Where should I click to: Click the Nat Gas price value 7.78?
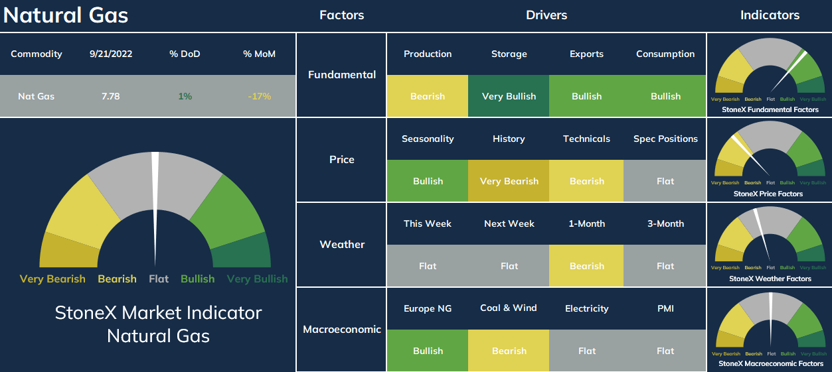pyautogui.click(x=111, y=96)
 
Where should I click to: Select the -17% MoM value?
pyautogui.click(x=259, y=96)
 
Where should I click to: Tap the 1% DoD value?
pyautogui.click(x=185, y=96)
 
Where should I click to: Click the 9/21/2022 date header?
pyautogui.click(x=111, y=54)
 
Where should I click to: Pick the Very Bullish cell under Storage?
pyautogui.click(x=509, y=96)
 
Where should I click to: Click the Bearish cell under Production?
pyautogui.click(x=428, y=96)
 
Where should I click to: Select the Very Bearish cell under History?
pyautogui.click(x=509, y=181)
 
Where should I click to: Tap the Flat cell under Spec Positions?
pyautogui.click(x=665, y=181)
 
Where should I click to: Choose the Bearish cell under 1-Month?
pyautogui.click(x=586, y=266)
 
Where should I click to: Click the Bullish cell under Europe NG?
pyautogui.click(x=428, y=351)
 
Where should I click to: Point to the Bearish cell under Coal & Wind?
pyautogui.click(x=509, y=351)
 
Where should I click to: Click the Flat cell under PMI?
pyautogui.click(x=665, y=351)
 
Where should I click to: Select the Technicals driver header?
pyautogui.click(x=586, y=139)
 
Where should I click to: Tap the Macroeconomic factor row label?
pyautogui.click(x=342, y=330)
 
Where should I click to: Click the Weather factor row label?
pyautogui.click(x=342, y=245)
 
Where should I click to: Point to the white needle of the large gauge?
pyautogui.click(x=155, y=208)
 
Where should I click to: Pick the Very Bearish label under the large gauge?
pyautogui.click(x=52, y=279)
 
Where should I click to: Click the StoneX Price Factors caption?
pyautogui.click(x=768, y=194)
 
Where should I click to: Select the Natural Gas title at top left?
pyautogui.click(x=66, y=15)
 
